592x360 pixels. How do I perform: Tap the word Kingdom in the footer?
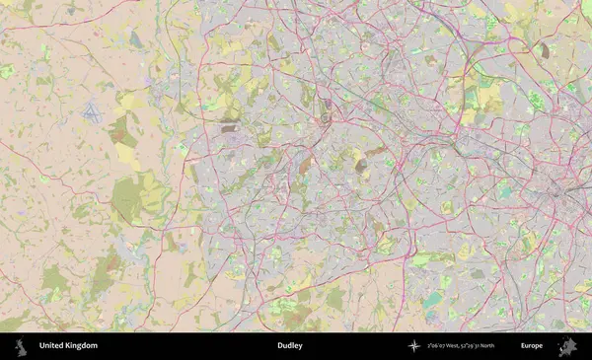pyautogui.click(x=82, y=346)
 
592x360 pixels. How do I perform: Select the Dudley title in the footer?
pyautogui.click(x=290, y=346)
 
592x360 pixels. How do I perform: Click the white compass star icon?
pyautogui.click(x=413, y=346)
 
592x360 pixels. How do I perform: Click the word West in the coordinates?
pyautogui.click(x=458, y=346)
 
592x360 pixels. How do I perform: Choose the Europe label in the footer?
pyautogui.click(x=532, y=346)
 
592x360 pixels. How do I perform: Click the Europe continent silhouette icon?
pyautogui.click(x=567, y=346)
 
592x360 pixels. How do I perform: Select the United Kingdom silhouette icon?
pyautogui.click(x=21, y=346)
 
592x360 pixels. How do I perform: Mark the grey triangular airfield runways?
pyautogui.click(x=92, y=110)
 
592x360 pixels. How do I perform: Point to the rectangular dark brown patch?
pyautogui.click(x=229, y=127)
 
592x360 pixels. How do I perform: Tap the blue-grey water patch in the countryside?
pyautogui.click(x=135, y=39)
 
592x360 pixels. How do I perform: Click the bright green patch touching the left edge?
pyautogui.click(x=6, y=72)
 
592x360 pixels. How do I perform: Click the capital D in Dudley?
pyautogui.click(x=280, y=346)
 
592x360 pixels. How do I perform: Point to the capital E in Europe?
pyautogui.click(x=523, y=346)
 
